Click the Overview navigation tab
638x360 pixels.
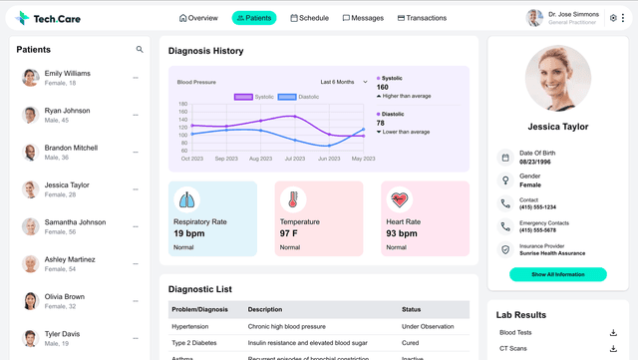pyautogui.click(x=198, y=18)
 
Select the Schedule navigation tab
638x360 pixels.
pyautogui.click(x=309, y=18)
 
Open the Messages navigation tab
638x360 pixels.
pyautogui.click(x=363, y=18)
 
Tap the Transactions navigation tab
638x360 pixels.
pyautogui.click(x=422, y=18)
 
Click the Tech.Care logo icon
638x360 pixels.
pyautogui.click(x=23, y=18)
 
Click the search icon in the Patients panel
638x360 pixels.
pyautogui.click(x=140, y=49)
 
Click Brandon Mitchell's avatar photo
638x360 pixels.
pyautogui.click(x=30, y=152)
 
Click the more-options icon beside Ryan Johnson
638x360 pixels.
pyautogui.click(x=136, y=115)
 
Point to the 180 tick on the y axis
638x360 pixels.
pyautogui.click(x=182, y=104)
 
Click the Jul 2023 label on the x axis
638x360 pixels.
pyautogui.click(x=295, y=159)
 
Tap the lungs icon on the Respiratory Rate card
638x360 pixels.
pyautogui.click(x=186, y=199)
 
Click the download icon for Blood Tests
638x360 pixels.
pyautogui.click(x=613, y=333)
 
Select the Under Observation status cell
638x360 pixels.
pyautogui.click(x=428, y=326)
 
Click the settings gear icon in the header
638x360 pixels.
pyautogui.click(x=614, y=18)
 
